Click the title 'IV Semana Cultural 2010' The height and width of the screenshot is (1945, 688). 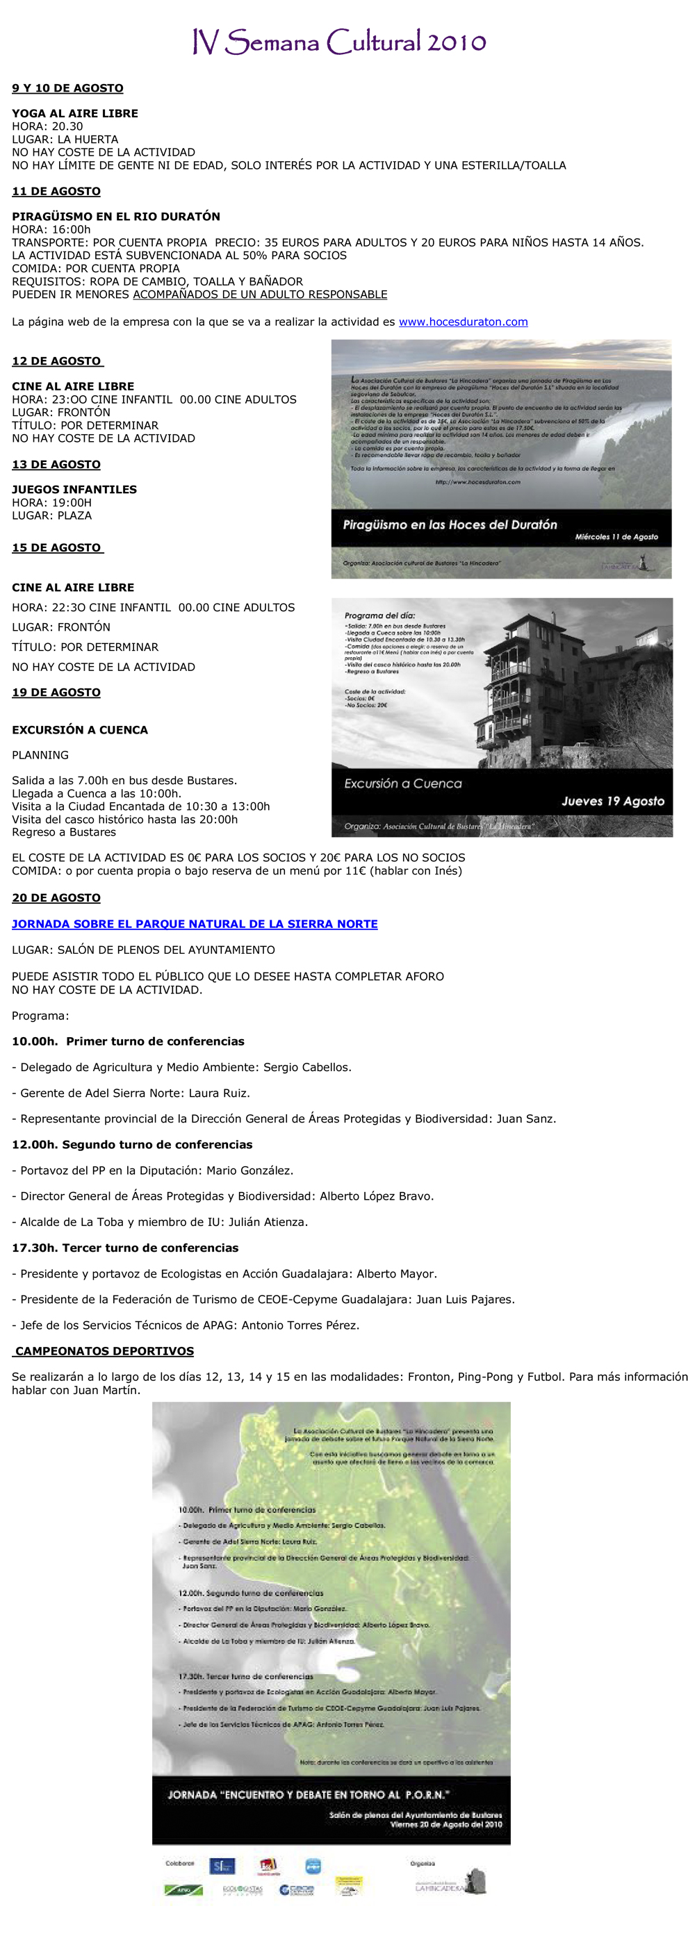pyautogui.click(x=339, y=42)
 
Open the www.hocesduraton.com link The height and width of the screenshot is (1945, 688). pyautogui.click(x=463, y=322)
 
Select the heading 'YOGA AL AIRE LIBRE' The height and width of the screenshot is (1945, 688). pyautogui.click(x=75, y=113)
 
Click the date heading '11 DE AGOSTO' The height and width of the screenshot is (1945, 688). pyautogui.click(x=56, y=191)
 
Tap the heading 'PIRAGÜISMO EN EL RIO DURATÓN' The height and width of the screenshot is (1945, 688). pyautogui.click(x=115, y=216)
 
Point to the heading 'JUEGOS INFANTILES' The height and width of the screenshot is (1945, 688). pyautogui.click(x=74, y=489)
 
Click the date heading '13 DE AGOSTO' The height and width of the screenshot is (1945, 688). pyautogui.click(x=56, y=464)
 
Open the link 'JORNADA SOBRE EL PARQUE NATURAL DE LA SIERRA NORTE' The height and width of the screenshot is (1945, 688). pyautogui.click(x=194, y=923)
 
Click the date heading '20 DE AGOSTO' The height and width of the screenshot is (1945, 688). pyautogui.click(x=56, y=897)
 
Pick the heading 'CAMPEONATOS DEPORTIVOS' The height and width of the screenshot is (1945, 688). pyautogui.click(x=104, y=1351)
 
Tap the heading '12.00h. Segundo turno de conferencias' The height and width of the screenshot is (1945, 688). pyautogui.click(x=132, y=1145)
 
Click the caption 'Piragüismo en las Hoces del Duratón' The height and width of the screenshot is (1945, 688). pyautogui.click(x=450, y=524)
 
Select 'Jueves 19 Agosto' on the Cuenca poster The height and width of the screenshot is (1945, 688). pyautogui.click(x=612, y=801)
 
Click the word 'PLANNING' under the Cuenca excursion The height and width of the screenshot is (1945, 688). pyautogui.click(x=40, y=755)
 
